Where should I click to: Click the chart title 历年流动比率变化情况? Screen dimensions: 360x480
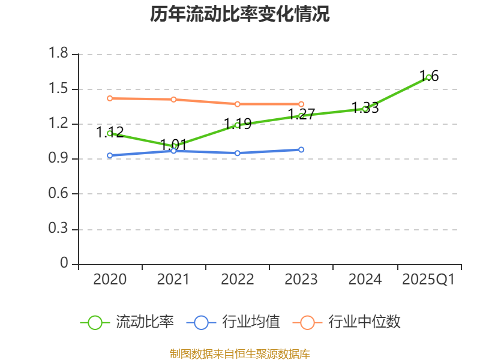pyautogui.click(x=240, y=14)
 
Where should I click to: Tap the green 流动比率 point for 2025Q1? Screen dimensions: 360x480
pyautogui.click(x=428, y=77)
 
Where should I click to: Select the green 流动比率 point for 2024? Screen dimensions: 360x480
pyautogui.click(x=365, y=109)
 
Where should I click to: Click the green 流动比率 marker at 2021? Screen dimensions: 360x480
pyautogui.click(x=173, y=146)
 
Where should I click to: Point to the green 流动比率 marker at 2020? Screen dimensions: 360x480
pyautogui.click(x=110, y=133)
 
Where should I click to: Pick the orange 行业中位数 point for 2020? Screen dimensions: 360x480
pyautogui.click(x=110, y=98)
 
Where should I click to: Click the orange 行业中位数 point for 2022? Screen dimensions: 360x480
pyautogui.click(x=237, y=104)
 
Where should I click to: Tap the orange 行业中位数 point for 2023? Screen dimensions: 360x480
pyautogui.click(x=301, y=104)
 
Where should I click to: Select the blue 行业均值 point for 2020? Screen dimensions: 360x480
pyautogui.click(x=110, y=155)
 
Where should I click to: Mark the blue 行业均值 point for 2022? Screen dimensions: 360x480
pyautogui.click(x=237, y=153)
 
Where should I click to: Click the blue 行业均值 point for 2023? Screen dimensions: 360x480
pyautogui.click(x=301, y=149)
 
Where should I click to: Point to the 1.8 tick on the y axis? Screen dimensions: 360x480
pyautogui.click(x=59, y=54)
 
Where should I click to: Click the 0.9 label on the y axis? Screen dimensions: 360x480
pyautogui.click(x=59, y=159)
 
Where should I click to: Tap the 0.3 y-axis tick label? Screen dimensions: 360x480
pyautogui.click(x=59, y=229)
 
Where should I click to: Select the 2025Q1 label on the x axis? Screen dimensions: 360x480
pyautogui.click(x=428, y=280)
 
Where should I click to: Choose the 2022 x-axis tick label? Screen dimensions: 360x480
pyautogui.click(x=237, y=280)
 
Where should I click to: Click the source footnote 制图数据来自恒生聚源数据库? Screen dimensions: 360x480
pyautogui.click(x=240, y=353)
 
